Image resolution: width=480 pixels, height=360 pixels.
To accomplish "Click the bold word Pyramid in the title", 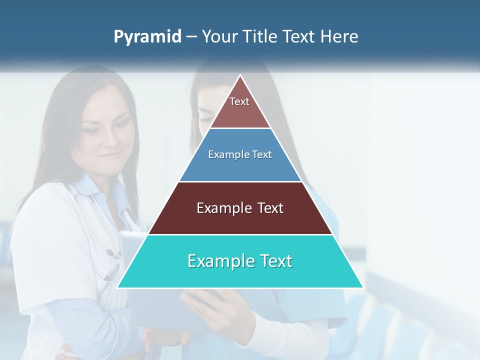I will point(147,37).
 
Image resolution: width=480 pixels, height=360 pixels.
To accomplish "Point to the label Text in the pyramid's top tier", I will point(239,101).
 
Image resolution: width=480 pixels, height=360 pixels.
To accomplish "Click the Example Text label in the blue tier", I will point(240,154).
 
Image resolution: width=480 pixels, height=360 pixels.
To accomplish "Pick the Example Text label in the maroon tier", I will point(240,208).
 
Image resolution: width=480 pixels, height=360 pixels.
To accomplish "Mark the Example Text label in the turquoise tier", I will point(240,261).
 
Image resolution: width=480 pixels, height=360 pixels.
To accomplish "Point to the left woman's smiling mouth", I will point(109,156).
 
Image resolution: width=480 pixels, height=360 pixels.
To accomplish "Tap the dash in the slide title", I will point(191,37).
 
